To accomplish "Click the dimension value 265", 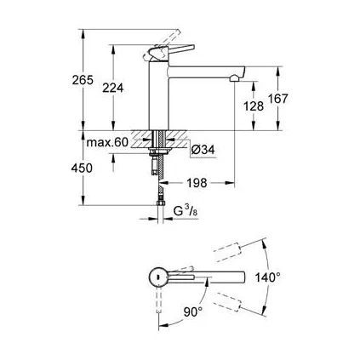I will click(82, 80).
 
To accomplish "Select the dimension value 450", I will click(82, 168).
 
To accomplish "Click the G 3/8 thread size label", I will click(186, 209).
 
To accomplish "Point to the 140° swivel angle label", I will click(267, 277).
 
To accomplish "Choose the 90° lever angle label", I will click(193, 312).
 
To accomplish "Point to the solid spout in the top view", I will click(217, 277).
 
